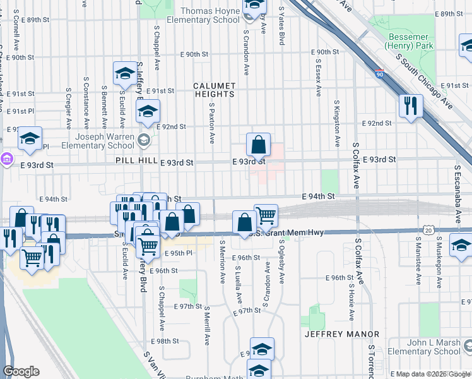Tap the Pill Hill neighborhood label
pyautogui.click(x=136, y=161)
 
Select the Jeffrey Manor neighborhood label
pyautogui.click(x=342, y=334)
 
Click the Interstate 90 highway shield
pyautogui.click(x=379, y=74)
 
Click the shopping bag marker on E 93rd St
pyautogui.click(x=259, y=145)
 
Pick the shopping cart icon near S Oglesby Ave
pyautogui.click(x=266, y=216)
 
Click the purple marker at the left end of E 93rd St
pyautogui.click(x=7, y=158)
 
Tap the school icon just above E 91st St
pyautogui.click(x=126, y=73)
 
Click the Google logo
pyautogui.click(x=21, y=371)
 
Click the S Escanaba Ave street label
pyautogui.click(x=456, y=188)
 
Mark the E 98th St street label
pyautogui.click(x=169, y=341)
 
